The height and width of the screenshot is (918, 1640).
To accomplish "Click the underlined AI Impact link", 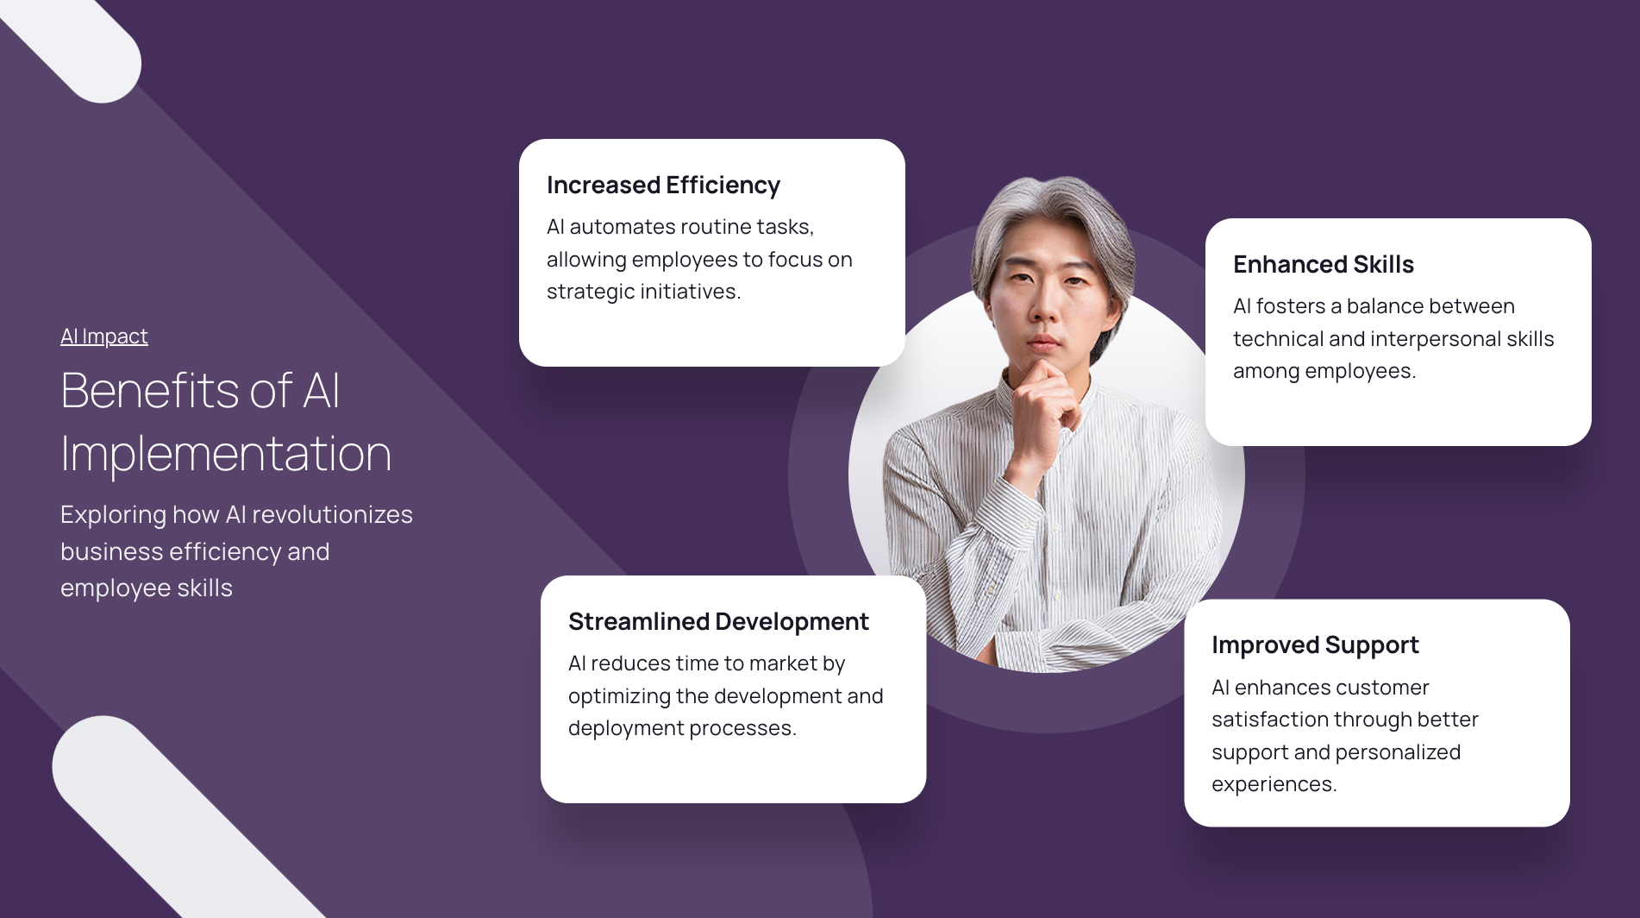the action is (104, 336).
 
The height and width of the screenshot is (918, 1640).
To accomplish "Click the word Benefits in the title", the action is (150, 390).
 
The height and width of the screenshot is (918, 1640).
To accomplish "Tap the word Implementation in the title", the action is (226, 455).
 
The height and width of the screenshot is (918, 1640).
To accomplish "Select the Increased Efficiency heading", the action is (663, 185).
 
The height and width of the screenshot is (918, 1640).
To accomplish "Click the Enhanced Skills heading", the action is (1324, 265).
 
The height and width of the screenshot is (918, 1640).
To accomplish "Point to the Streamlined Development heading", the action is (718, 622).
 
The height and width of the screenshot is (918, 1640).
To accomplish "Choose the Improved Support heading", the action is (1315, 645).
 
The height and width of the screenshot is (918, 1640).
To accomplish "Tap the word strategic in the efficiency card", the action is (591, 292).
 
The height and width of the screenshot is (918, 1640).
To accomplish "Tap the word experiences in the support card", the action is (1274, 785).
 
